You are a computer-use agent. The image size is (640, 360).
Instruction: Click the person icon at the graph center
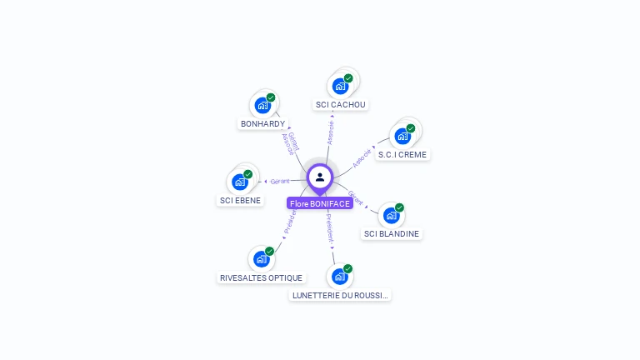320,177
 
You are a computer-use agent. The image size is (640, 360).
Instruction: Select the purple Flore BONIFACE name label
320,203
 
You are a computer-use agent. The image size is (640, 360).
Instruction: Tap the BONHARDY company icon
262,105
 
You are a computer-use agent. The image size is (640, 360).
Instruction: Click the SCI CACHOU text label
341,105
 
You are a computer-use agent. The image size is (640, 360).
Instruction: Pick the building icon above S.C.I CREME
402,136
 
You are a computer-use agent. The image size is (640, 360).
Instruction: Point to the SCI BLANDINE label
391,234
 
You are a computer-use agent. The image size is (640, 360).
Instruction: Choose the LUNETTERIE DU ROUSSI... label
340,295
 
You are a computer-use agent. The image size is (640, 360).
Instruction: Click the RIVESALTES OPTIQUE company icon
261,259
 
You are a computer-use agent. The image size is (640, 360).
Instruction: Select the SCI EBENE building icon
240,182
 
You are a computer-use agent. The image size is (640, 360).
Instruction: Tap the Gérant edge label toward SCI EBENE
280,181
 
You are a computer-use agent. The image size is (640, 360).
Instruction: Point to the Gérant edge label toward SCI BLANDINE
356,197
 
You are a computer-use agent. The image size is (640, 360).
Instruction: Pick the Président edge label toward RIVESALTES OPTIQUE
289,221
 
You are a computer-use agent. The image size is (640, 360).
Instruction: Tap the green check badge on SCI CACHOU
348,78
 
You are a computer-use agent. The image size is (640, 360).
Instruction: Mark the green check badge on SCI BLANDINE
399,207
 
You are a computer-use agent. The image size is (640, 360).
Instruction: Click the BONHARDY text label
262,124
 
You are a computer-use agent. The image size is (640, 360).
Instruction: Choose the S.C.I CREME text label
403,154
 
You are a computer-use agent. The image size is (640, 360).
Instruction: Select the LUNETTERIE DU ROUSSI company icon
339,277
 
